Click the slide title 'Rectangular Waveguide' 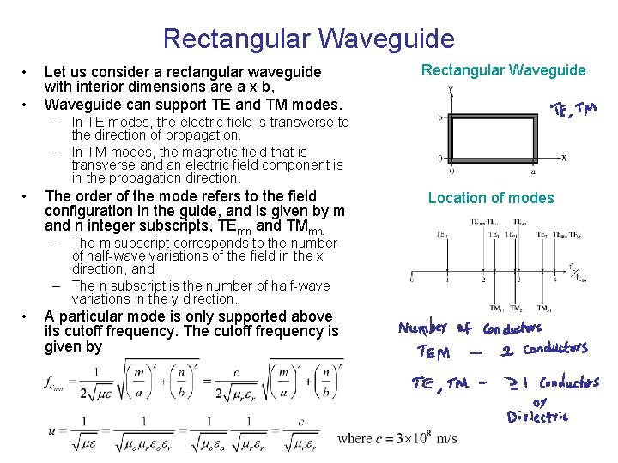point(308,39)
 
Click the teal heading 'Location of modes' point(491,198)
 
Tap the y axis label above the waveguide point(451,89)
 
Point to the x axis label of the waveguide point(564,158)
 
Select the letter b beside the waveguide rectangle point(439,117)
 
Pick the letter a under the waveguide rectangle point(533,171)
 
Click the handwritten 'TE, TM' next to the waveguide point(574,111)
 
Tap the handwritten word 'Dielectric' point(537,417)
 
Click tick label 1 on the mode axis point(447,280)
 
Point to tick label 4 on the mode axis point(552,280)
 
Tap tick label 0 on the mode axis point(413,280)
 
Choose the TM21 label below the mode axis point(544,309)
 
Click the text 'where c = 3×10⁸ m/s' point(397,439)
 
